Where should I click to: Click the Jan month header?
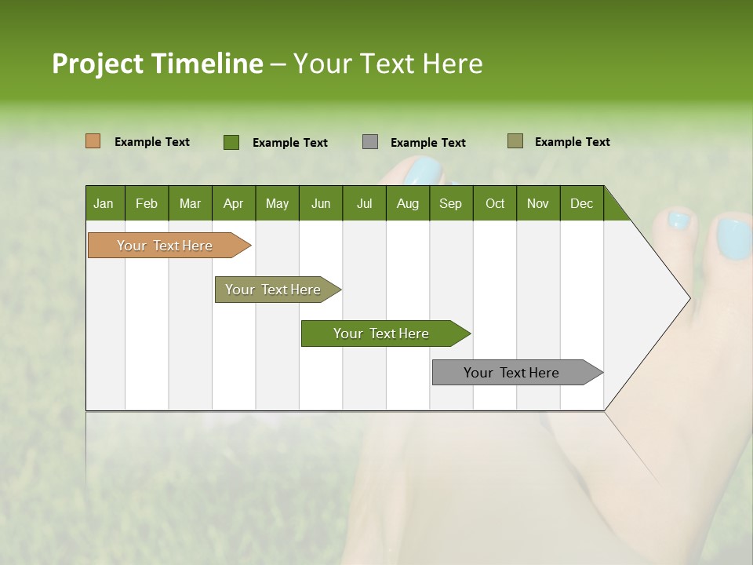[x=104, y=203]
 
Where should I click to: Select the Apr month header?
[x=233, y=203]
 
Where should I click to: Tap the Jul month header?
[x=364, y=203]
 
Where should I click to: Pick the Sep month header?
[x=450, y=203]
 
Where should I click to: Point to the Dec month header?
[x=581, y=203]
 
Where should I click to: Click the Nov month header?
[x=537, y=203]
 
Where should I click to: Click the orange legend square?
[x=93, y=141]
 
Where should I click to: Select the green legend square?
[x=231, y=142]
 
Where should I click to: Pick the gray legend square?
[x=370, y=142]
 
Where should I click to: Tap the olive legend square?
[x=515, y=141]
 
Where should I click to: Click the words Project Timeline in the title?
[x=157, y=64]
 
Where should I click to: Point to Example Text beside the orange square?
[x=152, y=142]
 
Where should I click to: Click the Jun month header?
[x=320, y=203]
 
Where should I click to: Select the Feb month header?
[x=146, y=203]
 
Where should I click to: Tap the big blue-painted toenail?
[x=733, y=239]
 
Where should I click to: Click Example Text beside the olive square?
[x=572, y=142]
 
